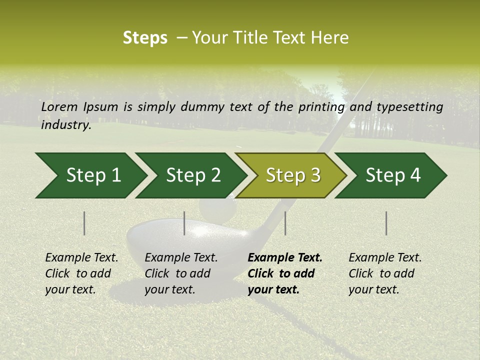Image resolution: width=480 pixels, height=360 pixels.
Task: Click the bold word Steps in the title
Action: [145, 38]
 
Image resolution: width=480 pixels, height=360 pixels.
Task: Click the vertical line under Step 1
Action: [84, 223]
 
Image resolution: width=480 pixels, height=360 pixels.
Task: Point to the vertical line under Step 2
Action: [184, 223]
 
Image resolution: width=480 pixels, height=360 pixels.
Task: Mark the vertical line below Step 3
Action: [285, 223]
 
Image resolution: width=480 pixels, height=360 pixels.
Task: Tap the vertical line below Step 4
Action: [386, 223]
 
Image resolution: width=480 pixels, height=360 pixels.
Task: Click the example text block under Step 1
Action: [81, 273]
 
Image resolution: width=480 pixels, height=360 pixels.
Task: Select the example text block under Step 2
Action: [181, 273]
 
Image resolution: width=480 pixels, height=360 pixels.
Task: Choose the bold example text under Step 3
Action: [285, 273]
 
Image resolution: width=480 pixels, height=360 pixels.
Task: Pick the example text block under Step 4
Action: [385, 273]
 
